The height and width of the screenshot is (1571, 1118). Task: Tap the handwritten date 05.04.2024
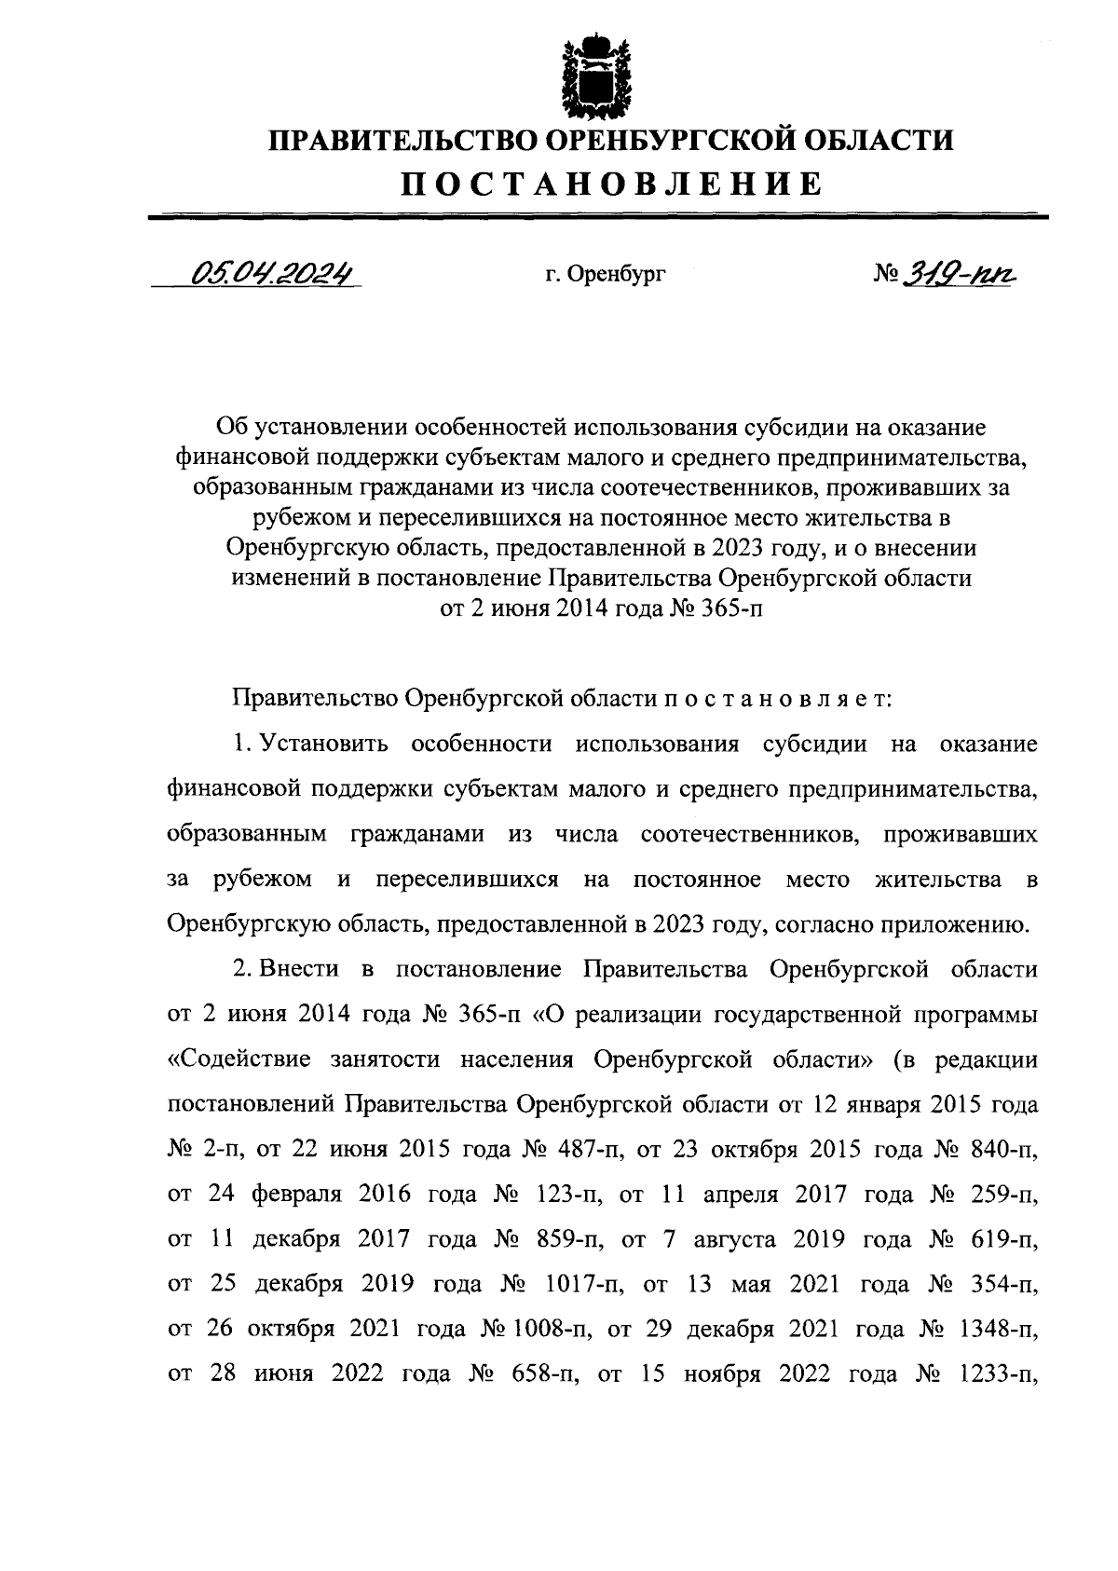coord(273,273)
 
